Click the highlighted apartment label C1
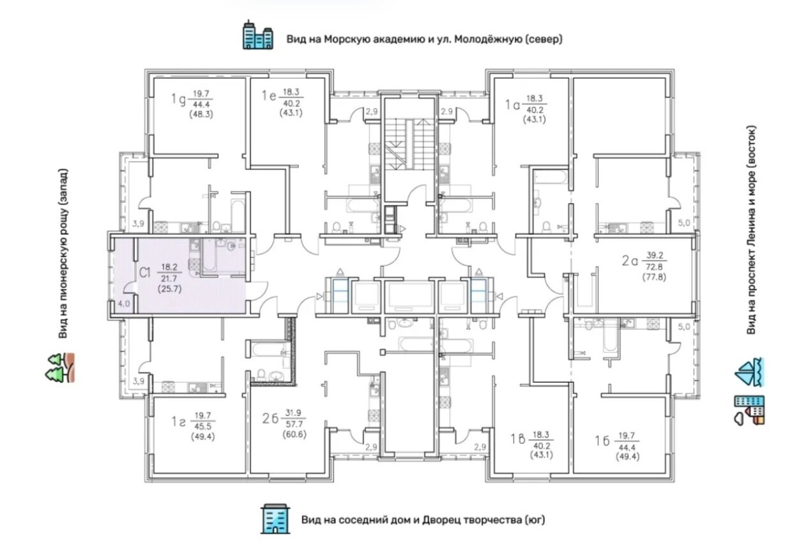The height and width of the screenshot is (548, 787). pyautogui.click(x=145, y=272)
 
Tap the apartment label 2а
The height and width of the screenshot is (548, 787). pyautogui.click(x=630, y=261)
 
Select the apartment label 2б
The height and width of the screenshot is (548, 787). pyautogui.click(x=270, y=418)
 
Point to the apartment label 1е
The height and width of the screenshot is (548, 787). pyautogui.click(x=269, y=96)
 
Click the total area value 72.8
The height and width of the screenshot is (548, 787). pyautogui.click(x=654, y=267)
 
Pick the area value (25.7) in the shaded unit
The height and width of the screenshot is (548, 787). pyautogui.click(x=170, y=289)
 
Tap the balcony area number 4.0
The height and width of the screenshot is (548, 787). pyautogui.click(x=124, y=304)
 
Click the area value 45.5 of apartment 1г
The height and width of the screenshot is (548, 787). pyautogui.click(x=202, y=426)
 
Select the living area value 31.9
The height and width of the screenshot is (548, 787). pyautogui.click(x=293, y=413)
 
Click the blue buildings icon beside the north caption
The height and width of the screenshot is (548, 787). pyautogui.click(x=258, y=34)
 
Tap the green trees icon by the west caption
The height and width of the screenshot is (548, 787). pyautogui.click(x=60, y=367)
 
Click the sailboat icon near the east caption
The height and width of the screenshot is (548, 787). pyautogui.click(x=749, y=373)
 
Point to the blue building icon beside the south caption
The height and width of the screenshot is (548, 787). pyautogui.click(x=275, y=519)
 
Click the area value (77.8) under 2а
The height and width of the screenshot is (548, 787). pyautogui.click(x=654, y=277)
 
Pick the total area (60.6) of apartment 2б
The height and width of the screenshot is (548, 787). pyautogui.click(x=294, y=434)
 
